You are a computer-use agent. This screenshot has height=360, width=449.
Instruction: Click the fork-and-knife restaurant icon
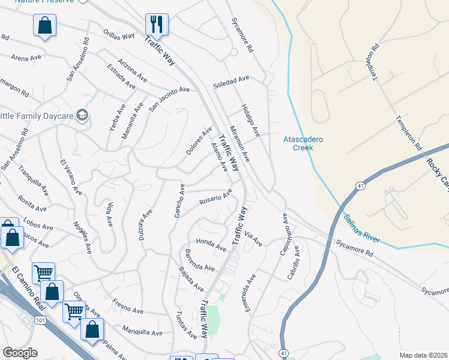click(x=157, y=25)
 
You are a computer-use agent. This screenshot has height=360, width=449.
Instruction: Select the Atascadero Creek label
click(x=303, y=143)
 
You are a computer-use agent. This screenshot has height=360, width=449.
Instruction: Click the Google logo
click(x=20, y=353)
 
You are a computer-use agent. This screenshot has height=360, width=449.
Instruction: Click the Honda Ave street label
click(x=211, y=242)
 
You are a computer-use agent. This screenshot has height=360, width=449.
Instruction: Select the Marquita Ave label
click(x=142, y=331)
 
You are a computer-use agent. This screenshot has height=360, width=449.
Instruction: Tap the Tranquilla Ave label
click(x=32, y=180)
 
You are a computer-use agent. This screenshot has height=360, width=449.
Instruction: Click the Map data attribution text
click(x=423, y=355)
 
